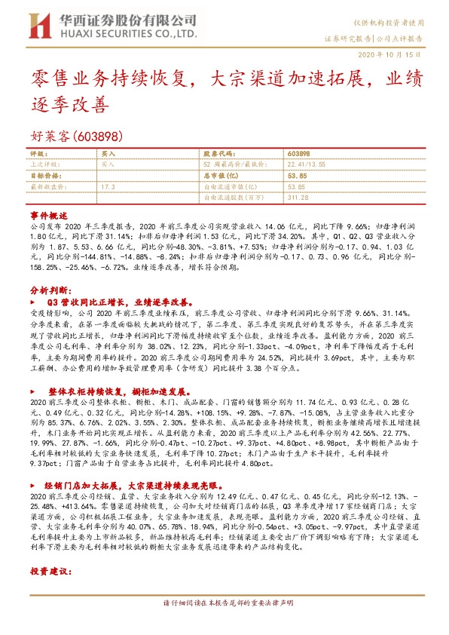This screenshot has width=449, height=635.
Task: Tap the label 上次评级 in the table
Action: (x=44, y=163)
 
